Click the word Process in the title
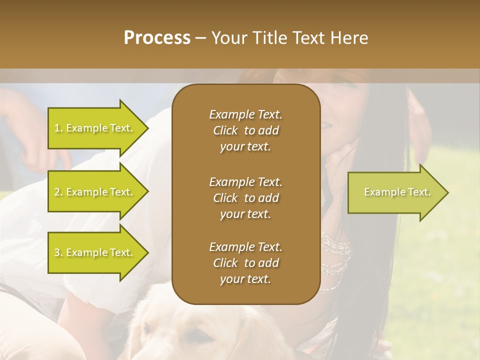(157, 38)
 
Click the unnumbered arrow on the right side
(397, 192)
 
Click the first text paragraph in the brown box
(245, 130)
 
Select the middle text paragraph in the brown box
(245, 198)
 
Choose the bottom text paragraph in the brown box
(245, 263)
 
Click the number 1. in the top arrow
(58, 128)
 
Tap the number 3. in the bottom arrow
(58, 253)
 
